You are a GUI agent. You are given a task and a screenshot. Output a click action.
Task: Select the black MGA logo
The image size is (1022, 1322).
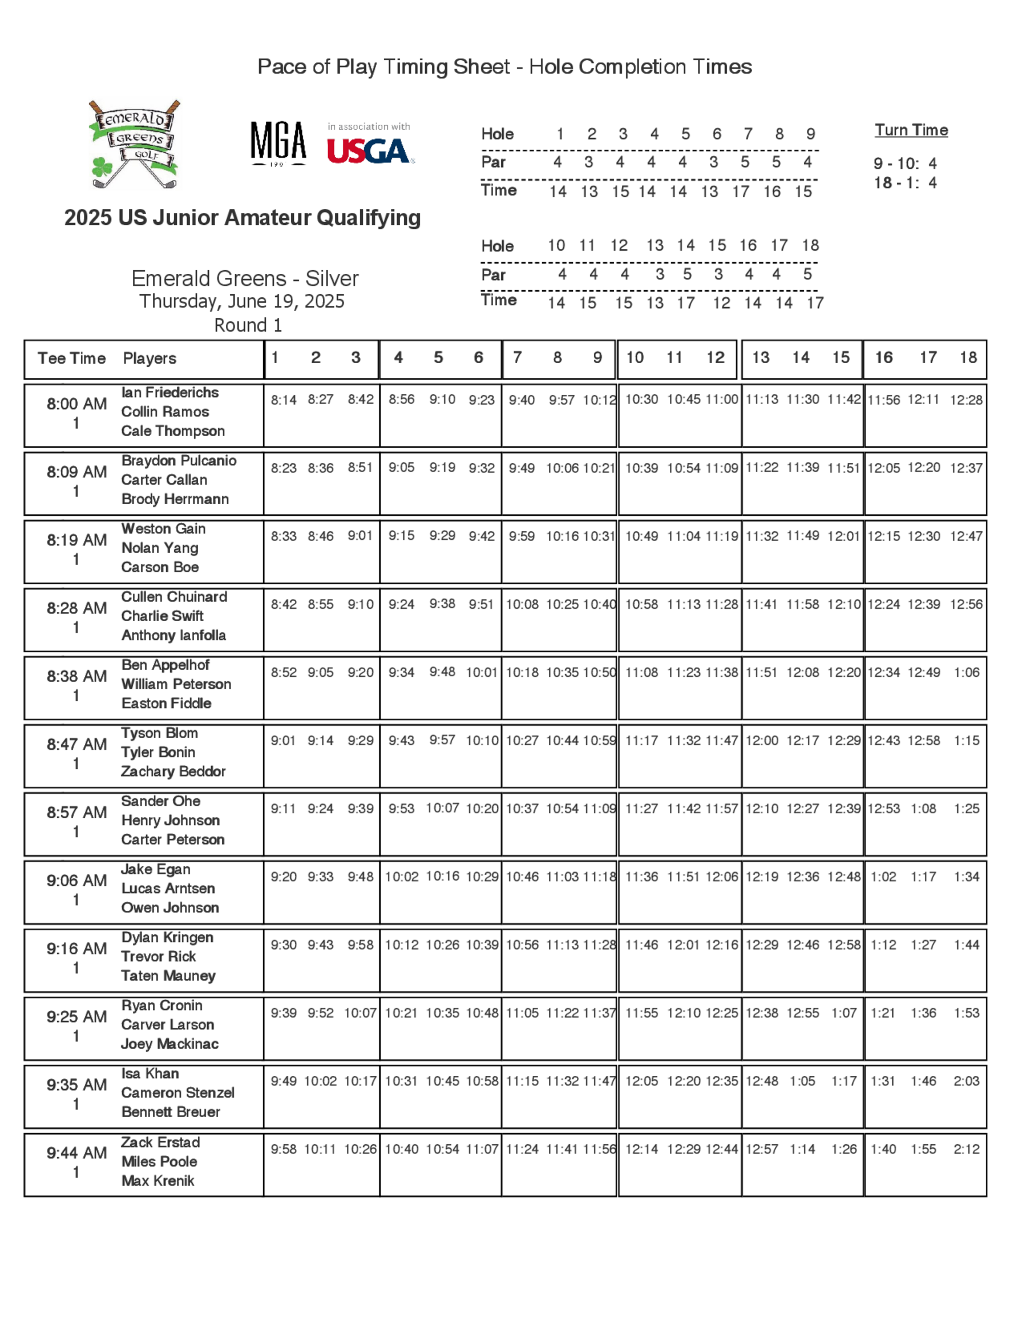point(278,143)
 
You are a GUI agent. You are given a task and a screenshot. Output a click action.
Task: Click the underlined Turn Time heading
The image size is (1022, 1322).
point(911,130)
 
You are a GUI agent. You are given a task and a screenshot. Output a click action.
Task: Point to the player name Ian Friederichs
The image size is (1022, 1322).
point(170,392)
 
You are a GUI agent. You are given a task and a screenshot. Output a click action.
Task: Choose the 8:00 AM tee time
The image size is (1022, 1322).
point(76,404)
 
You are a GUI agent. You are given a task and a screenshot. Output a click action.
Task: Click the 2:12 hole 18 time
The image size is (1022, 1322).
point(966,1149)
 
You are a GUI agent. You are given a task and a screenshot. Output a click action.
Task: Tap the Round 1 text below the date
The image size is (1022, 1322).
point(248,325)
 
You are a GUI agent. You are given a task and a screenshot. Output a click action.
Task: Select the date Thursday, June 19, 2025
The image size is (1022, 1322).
point(242,301)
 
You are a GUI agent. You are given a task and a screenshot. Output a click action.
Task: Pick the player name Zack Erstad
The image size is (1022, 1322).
point(160,1142)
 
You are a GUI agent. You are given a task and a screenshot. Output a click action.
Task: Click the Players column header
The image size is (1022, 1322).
point(150,359)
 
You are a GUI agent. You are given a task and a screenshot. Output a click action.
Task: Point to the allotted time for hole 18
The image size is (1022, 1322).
point(815,302)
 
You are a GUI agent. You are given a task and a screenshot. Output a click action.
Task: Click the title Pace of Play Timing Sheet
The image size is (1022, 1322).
point(504,66)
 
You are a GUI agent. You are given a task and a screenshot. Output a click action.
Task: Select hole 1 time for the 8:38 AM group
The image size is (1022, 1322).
point(284,673)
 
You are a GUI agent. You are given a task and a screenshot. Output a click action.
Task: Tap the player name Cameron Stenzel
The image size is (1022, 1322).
point(177,1093)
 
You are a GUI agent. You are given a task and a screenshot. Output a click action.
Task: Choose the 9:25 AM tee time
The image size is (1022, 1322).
point(76,1017)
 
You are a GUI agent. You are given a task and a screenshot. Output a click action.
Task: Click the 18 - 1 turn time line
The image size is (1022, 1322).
point(904,183)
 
